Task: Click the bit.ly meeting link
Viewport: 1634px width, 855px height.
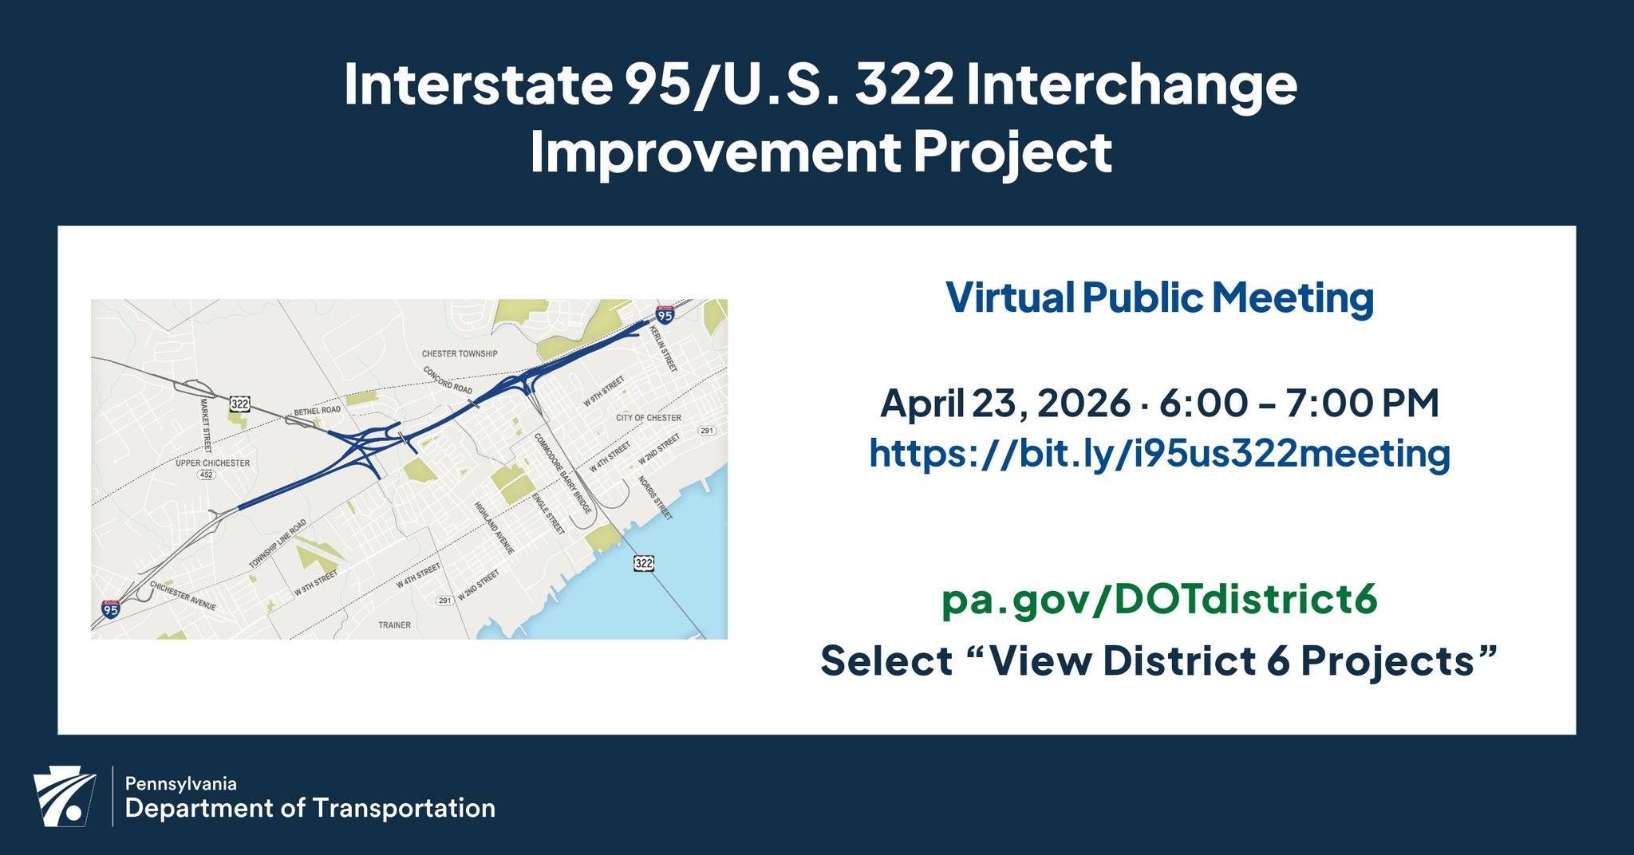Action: (x=1159, y=453)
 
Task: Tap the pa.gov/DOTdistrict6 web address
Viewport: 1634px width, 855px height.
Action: (x=1159, y=600)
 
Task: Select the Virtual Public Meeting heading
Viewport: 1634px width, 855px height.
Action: (x=1159, y=297)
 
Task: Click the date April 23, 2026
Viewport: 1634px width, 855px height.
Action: (x=1004, y=404)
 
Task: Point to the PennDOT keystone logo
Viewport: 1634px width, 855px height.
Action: (x=64, y=798)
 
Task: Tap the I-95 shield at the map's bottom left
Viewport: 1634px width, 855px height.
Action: (x=111, y=609)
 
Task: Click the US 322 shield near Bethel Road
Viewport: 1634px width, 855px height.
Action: (x=239, y=404)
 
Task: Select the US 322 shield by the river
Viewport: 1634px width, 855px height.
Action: (x=644, y=563)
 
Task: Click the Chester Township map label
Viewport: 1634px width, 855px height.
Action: (x=460, y=353)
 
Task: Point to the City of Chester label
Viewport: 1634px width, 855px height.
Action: (x=649, y=418)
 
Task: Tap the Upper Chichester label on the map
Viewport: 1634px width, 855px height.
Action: (x=213, y=463)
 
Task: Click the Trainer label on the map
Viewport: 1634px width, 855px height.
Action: (x=394, y=625)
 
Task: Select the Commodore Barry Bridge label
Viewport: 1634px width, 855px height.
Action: (x=562, y=473)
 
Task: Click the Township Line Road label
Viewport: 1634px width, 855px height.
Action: (x=277, y=544)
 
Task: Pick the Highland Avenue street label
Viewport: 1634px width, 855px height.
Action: (x=494, y=528)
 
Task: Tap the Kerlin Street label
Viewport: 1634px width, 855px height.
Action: (x=664, y=349)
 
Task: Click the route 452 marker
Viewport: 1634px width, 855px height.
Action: (x=207, y=475)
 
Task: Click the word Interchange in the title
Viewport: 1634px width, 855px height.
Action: (x=1131, y=86)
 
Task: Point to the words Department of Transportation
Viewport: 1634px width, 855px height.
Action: (x=310, y=809)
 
